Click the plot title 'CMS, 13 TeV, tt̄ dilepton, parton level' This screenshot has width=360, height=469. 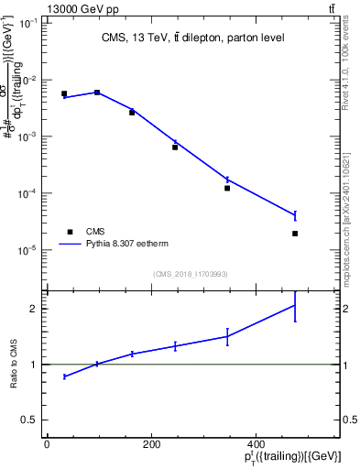(193, 38)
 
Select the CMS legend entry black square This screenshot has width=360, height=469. (68, 232)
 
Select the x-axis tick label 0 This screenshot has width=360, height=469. (47, 444)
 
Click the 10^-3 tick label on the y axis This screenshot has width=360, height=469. (28, 136)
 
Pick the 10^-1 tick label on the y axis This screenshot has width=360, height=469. (28, 23)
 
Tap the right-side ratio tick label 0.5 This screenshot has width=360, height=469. (350, 420)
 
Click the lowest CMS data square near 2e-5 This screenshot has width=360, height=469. (295, 234)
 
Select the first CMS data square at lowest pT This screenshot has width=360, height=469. (64, 93)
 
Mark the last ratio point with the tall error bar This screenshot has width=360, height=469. (295, 305)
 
